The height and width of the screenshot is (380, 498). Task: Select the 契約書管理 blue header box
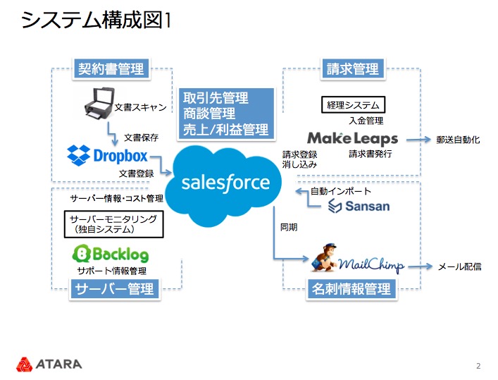[111, 68]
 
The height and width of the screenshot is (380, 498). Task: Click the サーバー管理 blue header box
[114, 289]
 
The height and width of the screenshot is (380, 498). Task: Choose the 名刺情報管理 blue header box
[351, 289]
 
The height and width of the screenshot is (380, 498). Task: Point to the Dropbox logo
[107, 154]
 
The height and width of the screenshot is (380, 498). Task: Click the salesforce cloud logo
[225, 183]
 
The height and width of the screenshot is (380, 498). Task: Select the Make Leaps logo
[352, 139]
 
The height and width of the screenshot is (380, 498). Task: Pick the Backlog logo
[111, 254]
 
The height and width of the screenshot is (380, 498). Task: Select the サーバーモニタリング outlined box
[113, 224]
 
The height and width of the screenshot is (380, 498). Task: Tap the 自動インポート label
[341, 191]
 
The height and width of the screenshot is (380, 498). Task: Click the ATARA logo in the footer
[49, 364]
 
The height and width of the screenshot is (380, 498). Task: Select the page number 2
[478, 365]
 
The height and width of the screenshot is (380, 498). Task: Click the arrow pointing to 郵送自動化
[418, 140]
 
